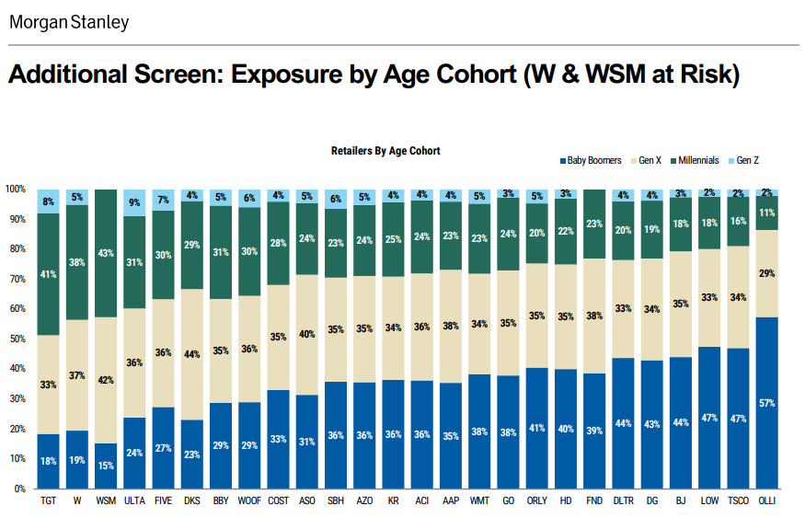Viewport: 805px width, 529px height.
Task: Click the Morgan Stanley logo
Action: pos(69,22)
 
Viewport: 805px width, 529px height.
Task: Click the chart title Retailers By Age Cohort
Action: pos(385,151)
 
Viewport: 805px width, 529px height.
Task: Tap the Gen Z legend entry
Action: pos(743,160)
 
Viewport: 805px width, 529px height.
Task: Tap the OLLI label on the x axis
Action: pos(767,502)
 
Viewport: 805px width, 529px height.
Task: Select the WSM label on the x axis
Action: pos(105,502)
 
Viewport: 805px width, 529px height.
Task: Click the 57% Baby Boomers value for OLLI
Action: pos(767,403)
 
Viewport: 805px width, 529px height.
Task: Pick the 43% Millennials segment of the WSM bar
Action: pos(105,253)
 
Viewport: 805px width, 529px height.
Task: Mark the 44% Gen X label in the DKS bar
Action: pos(191,354)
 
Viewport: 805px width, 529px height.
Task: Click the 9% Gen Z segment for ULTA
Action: pos(134,202)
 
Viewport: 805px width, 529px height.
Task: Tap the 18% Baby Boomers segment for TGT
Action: pos(48,461)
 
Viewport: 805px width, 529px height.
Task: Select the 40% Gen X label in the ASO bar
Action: pos(307,335)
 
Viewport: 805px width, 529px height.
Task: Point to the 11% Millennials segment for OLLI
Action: pos(767,213)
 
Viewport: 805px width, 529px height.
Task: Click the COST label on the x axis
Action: pos(278,502)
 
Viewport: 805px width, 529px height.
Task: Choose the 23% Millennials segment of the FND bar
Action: pos(595,224)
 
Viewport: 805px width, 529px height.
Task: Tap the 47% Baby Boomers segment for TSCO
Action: pos(738,418)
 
